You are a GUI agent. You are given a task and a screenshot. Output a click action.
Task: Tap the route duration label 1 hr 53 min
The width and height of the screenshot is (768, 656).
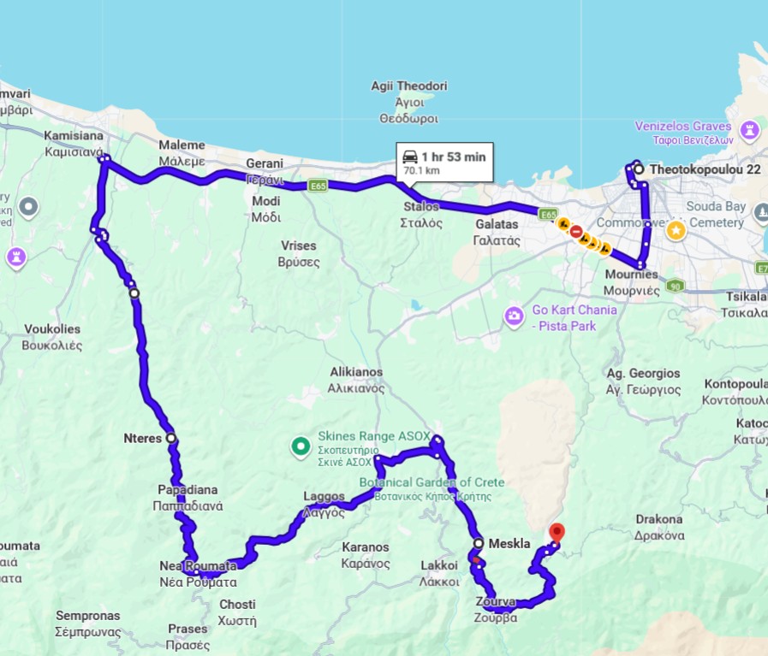point(444,157)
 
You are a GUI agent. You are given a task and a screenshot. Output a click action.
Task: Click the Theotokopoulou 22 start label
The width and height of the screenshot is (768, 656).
point(705,169)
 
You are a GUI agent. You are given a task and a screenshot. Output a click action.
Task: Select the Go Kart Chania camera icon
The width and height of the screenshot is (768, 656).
point(514,316)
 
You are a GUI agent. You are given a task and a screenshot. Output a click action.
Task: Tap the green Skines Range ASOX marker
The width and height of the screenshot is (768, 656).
point(300,445)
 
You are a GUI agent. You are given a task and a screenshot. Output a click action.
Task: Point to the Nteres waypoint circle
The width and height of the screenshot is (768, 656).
point(171,438)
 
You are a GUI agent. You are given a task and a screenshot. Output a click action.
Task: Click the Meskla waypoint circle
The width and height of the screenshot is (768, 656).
point(478,543)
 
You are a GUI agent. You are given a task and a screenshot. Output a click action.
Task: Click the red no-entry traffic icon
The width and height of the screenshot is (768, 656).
point(576,231)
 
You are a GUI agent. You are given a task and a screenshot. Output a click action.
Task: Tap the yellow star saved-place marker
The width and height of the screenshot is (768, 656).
point(676,229)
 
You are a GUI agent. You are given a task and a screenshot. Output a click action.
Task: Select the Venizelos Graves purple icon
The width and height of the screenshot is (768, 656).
point(751,130)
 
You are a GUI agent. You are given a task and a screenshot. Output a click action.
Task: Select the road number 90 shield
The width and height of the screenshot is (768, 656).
point(676,285)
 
